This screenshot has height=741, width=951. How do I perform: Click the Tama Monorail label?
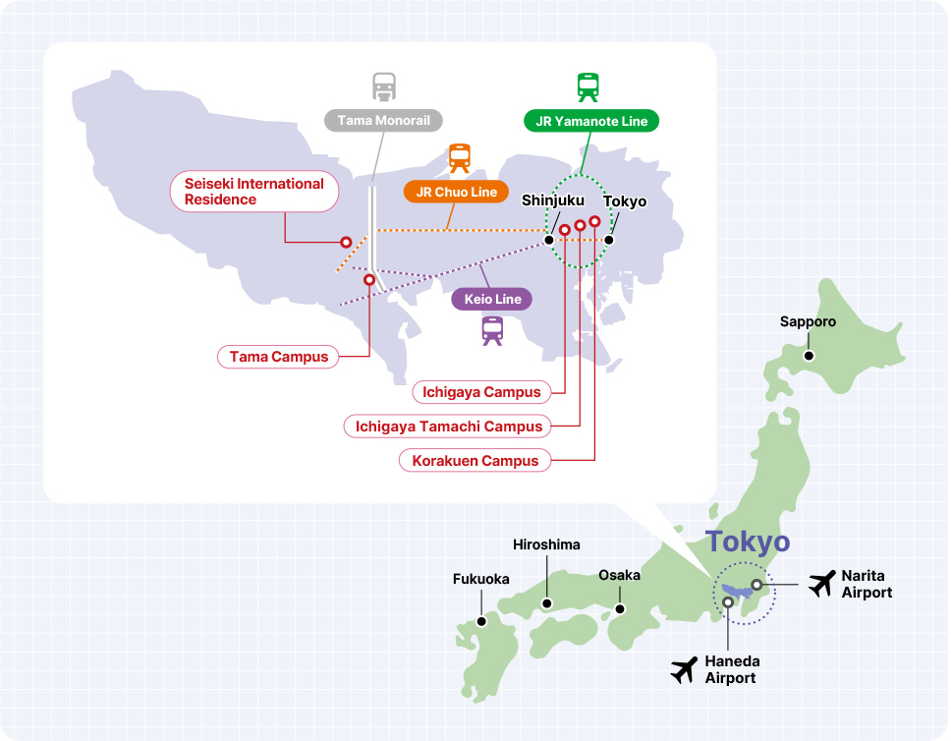384,121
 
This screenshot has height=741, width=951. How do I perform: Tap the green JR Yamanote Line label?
590,121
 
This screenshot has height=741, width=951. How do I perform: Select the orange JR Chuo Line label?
456,192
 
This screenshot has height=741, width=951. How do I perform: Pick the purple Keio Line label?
491,299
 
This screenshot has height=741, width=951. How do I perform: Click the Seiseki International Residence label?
253,192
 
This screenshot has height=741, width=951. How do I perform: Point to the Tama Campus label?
278,357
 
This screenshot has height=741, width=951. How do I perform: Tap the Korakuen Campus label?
475,461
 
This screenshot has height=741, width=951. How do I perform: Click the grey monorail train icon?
383,86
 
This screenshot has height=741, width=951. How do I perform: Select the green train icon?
588,86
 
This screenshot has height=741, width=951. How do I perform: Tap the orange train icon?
459,157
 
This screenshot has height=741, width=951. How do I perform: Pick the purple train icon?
492,331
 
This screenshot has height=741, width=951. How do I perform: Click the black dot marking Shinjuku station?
549,239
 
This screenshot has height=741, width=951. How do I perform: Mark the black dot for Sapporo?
809,356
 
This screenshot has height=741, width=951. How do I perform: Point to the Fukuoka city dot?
481,620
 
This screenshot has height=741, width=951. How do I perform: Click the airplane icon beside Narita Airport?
821,584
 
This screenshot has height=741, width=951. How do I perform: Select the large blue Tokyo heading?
748,541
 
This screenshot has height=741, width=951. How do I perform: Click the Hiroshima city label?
546,544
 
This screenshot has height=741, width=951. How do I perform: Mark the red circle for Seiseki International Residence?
346,242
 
